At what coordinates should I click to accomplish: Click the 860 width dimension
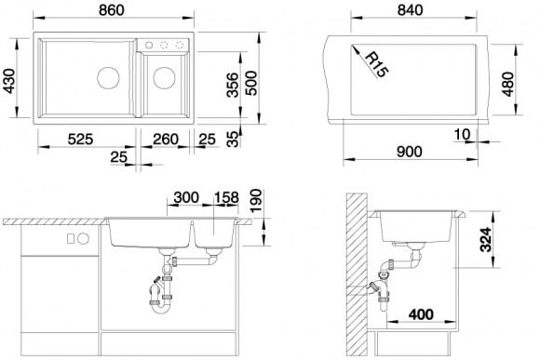(111, 10)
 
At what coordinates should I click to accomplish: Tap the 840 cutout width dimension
(410, 10)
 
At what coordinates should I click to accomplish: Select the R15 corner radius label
(376, 64)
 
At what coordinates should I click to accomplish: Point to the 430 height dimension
(9, 81)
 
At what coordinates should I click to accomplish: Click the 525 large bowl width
(80, 140)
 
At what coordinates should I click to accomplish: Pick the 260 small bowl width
(166, 140)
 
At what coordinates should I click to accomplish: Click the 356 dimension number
(233, 85)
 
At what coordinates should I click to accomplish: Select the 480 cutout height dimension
(507, 85)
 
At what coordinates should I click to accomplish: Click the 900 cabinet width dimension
(409, 152)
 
